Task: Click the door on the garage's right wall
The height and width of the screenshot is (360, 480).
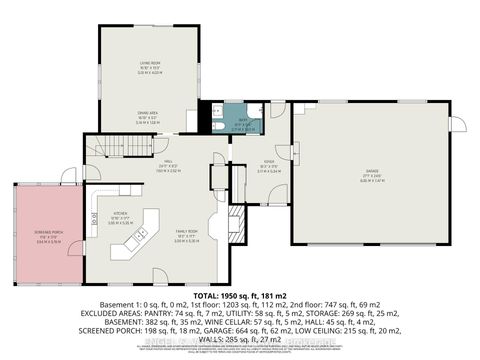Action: [x=457, y=124]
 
